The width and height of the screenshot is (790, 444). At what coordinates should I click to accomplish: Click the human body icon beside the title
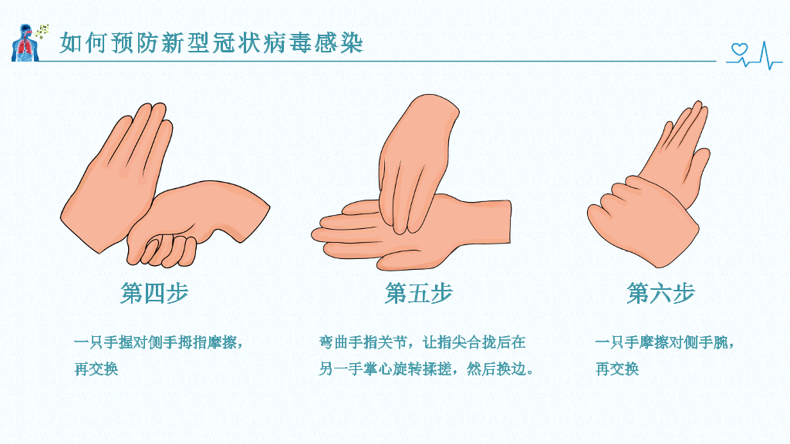pyautogui.click(x=25, y=43)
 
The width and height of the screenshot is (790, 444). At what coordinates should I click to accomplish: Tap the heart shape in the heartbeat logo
pyautogui.click(x=739, y=49)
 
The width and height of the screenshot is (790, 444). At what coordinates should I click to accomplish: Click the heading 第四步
pyautogui.click(x=154, y=293)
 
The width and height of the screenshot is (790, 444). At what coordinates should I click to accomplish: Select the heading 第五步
pyautogui.click(x=418, y=293)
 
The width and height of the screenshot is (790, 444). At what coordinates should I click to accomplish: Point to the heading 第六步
pyautogui.click(x=660, y=293)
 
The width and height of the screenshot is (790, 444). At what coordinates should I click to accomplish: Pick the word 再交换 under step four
pyautogui.click(x=96, y=369)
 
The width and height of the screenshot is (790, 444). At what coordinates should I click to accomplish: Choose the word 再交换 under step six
pyautogui.click(x=617, y=369)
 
